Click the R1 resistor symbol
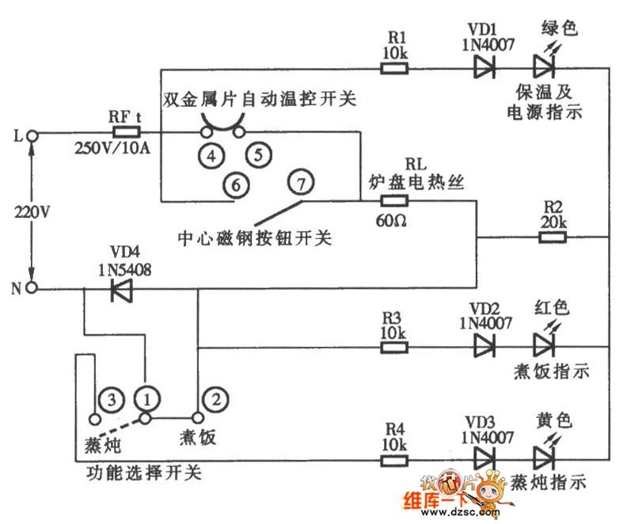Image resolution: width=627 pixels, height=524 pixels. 394,68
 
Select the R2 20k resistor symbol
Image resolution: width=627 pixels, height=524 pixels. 553,236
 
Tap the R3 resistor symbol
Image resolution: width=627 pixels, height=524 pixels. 394,345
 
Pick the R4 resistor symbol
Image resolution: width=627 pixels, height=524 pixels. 394,458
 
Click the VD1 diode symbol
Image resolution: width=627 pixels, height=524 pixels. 484,68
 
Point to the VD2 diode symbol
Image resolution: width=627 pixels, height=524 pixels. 484,345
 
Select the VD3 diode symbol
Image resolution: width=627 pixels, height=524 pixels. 484,458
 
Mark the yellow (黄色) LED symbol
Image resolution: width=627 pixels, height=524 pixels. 543,457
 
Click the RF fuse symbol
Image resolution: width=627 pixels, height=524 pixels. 126,133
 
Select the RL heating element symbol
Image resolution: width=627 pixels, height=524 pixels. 394,201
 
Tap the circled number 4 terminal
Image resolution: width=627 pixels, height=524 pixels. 211,155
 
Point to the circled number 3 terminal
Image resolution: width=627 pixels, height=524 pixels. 112,398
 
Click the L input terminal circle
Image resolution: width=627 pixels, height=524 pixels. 32,135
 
